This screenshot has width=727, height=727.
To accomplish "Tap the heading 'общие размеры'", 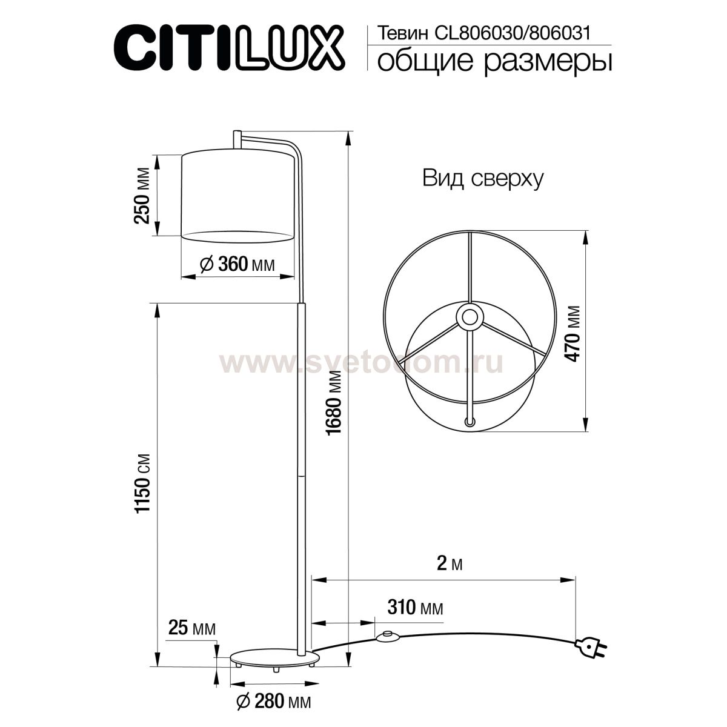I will tap(493, 62).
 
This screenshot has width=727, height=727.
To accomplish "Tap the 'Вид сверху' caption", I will tap(483, 179).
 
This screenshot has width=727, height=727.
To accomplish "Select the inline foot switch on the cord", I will tap(385, 637).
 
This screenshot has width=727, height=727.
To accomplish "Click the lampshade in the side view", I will tap(237, 195).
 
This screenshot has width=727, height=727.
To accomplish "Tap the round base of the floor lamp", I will tap(276, 659).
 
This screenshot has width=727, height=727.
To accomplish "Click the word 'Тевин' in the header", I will tap(396, 33).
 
